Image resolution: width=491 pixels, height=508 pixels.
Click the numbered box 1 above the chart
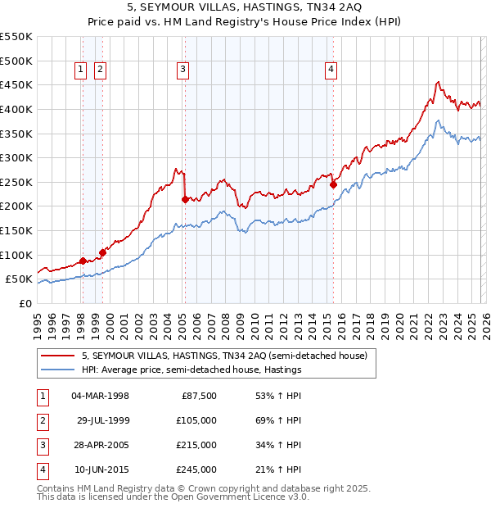[x=82, y=70]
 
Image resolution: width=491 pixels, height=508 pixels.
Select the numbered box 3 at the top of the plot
[x=182, y=70]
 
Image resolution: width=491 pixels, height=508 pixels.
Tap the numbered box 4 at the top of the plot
[x=331, y=70]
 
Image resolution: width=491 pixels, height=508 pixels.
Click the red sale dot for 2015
[x=333, y=185]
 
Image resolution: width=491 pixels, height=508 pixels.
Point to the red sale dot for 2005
[x=186, y=199]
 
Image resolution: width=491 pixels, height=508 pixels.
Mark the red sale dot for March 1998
[x=83, y=261]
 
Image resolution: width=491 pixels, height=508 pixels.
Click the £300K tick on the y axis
[x=16, y=157]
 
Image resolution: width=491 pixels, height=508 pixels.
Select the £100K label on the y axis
[x=16, y=255]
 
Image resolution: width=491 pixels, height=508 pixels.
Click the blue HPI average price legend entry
[x=191, y=370]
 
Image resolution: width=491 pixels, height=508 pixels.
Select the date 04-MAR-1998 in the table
[x=101, y=396]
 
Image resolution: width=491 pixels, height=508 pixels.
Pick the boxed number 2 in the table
[x=40, y=420]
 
